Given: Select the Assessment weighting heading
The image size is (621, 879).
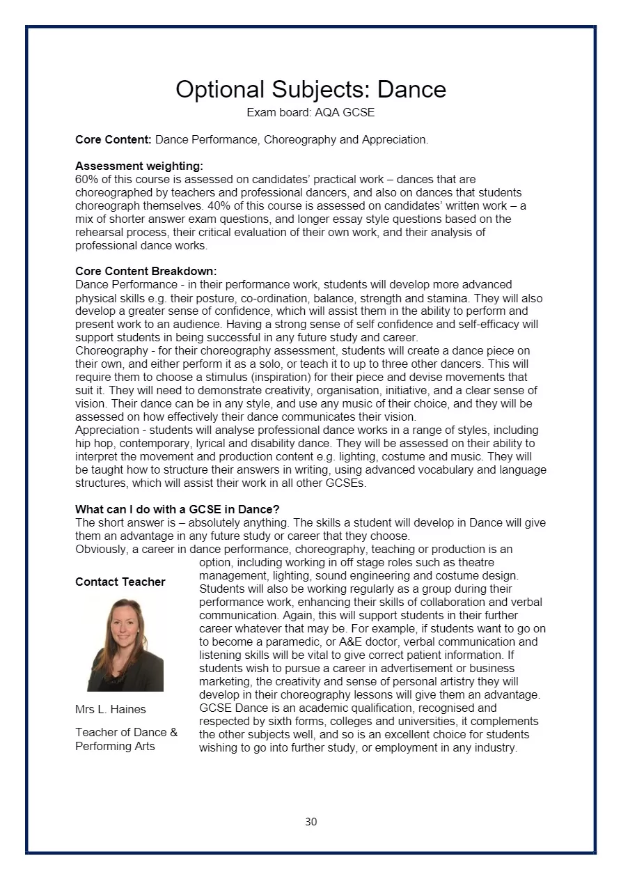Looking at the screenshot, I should pos(139,166).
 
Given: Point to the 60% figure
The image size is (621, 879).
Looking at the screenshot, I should pos(86,179).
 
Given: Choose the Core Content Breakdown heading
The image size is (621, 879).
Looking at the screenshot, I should pos(146,271).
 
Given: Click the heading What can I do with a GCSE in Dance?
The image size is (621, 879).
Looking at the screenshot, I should pos(177,509).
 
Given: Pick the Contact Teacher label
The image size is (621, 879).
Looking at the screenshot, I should pos(120,582).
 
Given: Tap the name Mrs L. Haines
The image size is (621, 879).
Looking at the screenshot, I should pos(111,709).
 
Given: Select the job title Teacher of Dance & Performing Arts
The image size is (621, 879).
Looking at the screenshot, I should pos(126,739).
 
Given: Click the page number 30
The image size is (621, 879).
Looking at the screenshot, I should pos(310,822).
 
